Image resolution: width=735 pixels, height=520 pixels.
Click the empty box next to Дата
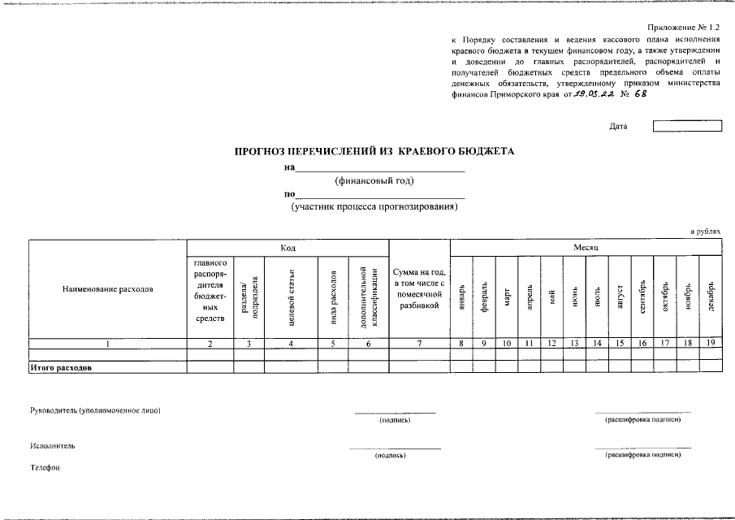[687, 126]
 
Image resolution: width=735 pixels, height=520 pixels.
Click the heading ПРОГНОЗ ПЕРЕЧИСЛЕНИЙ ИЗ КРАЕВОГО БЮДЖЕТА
[374, 151]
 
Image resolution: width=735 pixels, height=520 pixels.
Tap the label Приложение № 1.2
[684, 27]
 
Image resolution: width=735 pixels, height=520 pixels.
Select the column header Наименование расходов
[107, 288]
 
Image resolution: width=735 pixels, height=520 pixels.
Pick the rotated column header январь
[461, 293]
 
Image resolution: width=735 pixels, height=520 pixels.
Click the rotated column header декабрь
[711, 293]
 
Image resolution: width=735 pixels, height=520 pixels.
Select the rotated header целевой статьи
[291, 297]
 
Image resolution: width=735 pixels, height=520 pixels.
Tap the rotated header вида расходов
[333, 297]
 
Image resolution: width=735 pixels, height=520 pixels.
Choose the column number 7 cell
[419, 344]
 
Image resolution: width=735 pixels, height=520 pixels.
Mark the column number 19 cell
[711, 344]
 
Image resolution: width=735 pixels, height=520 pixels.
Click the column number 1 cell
[107, 344]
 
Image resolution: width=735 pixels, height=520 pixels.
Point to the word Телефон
[45, 468]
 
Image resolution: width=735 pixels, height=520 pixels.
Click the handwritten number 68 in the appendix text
[639, 94]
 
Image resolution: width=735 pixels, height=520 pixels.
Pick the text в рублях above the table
[705, 232]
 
